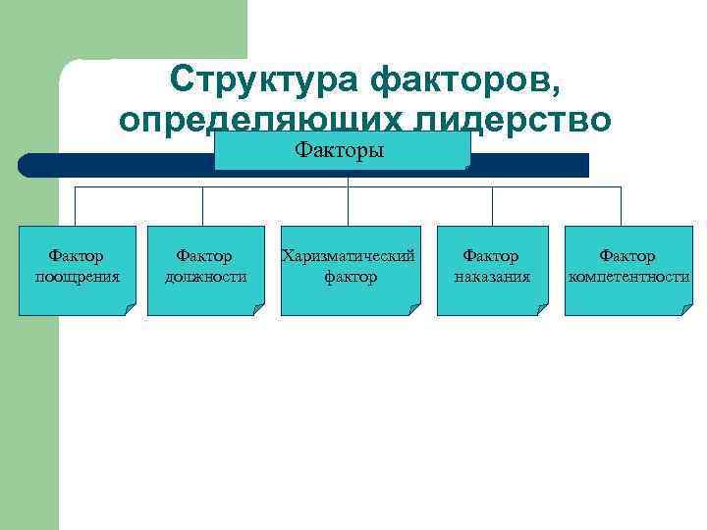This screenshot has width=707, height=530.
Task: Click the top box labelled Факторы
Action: (342, 151)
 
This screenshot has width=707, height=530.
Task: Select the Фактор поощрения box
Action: (78, 270)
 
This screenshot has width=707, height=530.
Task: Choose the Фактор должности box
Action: (205, 270)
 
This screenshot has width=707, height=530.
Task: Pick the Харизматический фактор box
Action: (349, 270)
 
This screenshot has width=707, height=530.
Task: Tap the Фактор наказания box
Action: (492, 270)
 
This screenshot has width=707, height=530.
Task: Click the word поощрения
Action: (78, 277)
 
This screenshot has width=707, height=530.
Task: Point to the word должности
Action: (205, 277)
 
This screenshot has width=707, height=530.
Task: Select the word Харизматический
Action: (349, 256)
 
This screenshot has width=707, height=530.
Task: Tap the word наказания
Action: (492, 277)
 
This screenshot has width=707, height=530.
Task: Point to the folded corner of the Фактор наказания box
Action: (541, 310)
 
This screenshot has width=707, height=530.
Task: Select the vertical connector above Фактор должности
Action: (203, 206)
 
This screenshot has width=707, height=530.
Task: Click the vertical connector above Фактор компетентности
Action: (622, 206)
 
